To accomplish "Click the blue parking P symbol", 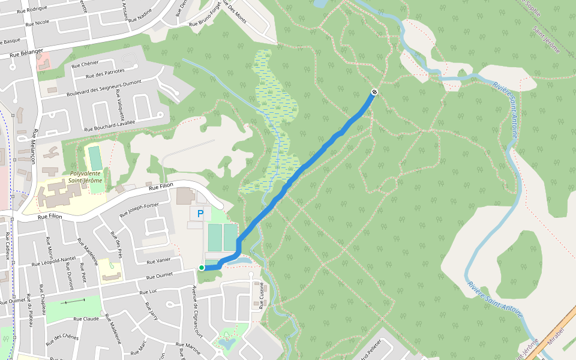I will (x=200, y=214).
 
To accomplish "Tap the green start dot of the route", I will (x=202, y=268).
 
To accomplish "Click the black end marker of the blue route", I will (x=374, y=92).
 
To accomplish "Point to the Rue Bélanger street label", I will (x=26, y=53).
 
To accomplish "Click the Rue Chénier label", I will (x=85, y=65).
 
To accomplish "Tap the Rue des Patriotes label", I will (x=105, y=74).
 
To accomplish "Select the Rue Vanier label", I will (x=158, y=260).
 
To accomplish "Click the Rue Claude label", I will (x=86, y=319).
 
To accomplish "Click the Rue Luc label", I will (x=148, y=292).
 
